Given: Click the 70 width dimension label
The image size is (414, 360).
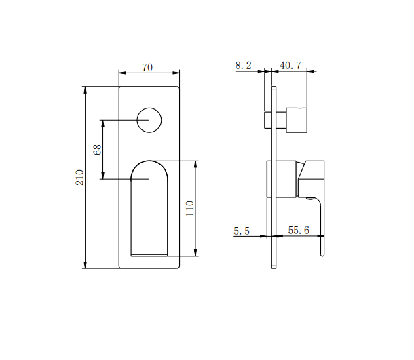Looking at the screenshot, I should click(147, 67).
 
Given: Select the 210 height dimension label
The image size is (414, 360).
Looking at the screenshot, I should click(79, 178).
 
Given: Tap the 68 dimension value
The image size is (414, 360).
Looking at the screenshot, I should click(97, 150).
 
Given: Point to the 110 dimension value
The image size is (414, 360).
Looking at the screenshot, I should click(190, 208).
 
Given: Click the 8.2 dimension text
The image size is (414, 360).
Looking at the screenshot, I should click(243, 65).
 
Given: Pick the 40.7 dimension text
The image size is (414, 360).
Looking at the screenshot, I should click(291, 65).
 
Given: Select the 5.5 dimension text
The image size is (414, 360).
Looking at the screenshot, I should click(242, 231).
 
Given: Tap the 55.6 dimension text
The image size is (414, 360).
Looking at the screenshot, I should click(299, 231).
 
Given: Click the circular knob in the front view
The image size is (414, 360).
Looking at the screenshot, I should click(149, 121).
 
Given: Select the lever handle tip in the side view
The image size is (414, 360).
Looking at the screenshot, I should click(322, 254).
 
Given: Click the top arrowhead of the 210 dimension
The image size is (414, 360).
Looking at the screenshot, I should click(86, 89).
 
